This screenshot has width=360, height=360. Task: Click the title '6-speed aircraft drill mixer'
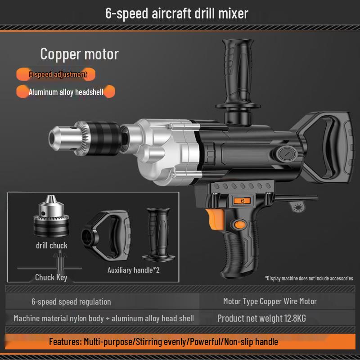176,13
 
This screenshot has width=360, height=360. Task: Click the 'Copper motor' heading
79,54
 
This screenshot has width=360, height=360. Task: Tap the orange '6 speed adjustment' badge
58,74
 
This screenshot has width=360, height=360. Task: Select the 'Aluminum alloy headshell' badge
66,92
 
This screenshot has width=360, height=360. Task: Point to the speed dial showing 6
242,201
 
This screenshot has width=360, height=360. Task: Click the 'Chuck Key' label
51,277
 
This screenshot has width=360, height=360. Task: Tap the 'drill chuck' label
52,246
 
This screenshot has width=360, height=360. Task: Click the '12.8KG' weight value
295,319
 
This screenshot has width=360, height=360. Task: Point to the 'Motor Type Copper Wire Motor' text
270,301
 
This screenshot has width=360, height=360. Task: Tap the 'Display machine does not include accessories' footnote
309,278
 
